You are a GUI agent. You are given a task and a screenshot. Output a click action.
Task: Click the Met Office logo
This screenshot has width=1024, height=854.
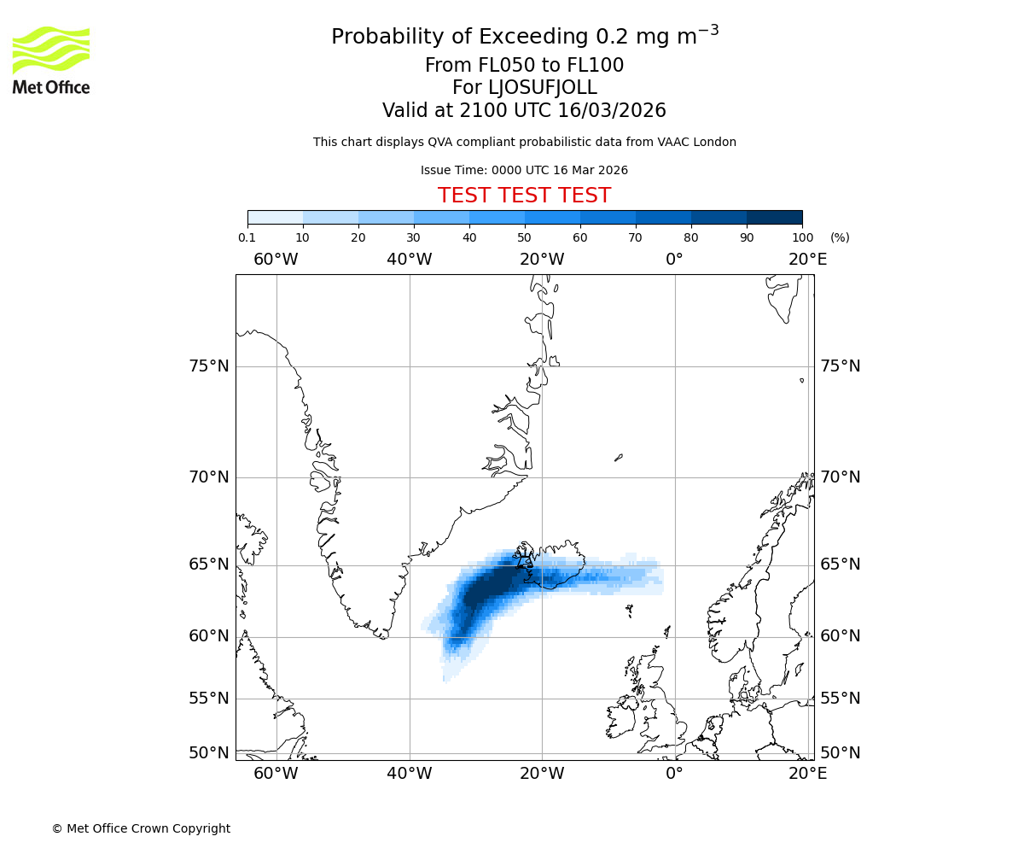pos(51,60)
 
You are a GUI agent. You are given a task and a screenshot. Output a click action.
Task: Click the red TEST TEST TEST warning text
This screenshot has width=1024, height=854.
pos(524,196)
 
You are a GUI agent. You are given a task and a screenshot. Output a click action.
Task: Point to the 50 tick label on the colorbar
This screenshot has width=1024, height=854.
pos(525,237)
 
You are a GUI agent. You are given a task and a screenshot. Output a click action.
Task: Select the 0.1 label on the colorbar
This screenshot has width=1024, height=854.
pos(247,237)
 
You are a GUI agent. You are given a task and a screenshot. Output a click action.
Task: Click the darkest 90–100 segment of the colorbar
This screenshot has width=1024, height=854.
pos(774,217)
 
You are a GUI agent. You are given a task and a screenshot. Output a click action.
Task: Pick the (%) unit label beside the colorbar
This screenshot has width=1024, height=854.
pos(840,237)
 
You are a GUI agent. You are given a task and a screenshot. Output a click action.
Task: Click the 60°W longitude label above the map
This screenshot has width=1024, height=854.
pos(276,259)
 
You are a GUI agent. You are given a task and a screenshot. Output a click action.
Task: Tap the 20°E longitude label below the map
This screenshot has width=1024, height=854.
pos(807,774)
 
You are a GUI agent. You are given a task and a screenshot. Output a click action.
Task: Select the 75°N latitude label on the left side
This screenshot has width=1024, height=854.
pos(208,366)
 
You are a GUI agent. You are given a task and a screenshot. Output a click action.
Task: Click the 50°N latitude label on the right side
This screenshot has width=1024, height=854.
pos(840,752)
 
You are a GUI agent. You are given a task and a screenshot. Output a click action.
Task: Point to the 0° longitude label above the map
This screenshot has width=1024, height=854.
pos(674,259)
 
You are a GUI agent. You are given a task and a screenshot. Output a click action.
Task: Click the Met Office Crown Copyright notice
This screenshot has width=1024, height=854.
pos(141,828)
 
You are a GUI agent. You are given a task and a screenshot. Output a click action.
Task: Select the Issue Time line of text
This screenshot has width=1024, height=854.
pos(524,170)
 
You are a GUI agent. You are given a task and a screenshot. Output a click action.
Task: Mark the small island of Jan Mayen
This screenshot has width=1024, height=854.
pos(619,458)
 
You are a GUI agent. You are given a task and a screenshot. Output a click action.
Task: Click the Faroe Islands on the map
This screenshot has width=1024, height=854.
pos(629,611)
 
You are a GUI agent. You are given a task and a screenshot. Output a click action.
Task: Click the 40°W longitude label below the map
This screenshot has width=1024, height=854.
pos(409,774)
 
